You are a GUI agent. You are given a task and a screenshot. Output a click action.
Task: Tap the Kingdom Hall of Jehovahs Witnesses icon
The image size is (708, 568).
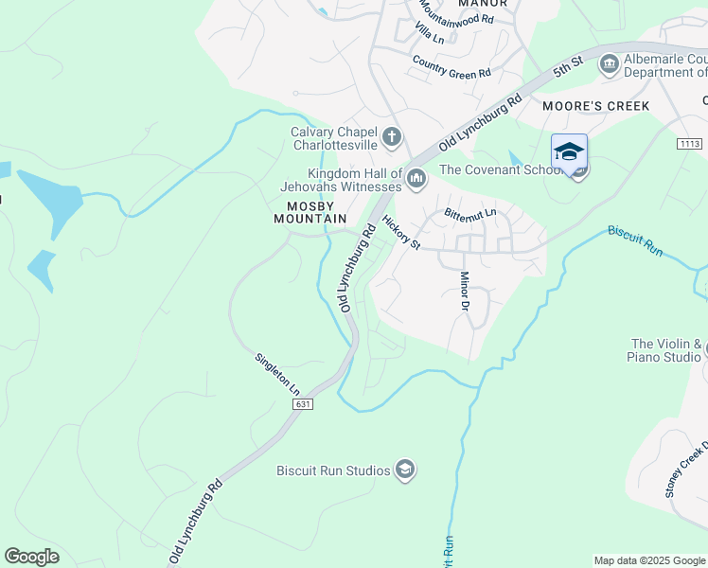[x=416, y=178]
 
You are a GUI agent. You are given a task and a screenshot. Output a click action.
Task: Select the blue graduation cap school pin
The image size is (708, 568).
[x=569, y=152]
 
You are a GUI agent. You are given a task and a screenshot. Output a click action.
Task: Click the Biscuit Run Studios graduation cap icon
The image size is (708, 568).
[x=405, y=470]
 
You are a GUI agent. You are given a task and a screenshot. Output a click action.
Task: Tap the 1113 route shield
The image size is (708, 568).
[x=689, y=143]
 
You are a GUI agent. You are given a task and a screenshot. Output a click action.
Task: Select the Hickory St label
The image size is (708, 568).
[x=400, y=232]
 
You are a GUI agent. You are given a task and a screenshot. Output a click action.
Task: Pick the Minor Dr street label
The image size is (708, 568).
[x=465, y=292]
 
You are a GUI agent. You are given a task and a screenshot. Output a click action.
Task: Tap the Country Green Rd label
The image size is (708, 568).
[x=451, y=66]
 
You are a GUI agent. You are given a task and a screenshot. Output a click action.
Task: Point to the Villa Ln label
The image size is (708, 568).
[x=430, y=34]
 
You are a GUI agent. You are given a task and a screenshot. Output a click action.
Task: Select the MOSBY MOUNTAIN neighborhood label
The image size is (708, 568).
[x=310, y=212]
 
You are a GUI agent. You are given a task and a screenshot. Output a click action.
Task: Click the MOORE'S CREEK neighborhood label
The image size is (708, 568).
[x=596, y=106]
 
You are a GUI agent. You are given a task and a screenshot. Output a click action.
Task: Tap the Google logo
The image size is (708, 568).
[x=31, y=556]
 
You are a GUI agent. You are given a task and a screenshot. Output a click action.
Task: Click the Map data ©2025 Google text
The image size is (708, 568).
[x=648, y=560]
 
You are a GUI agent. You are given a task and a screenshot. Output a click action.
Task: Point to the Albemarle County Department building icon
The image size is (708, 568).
[x=610, y=64]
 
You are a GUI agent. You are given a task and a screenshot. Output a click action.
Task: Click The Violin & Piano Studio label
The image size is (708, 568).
[x=666, y=350]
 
